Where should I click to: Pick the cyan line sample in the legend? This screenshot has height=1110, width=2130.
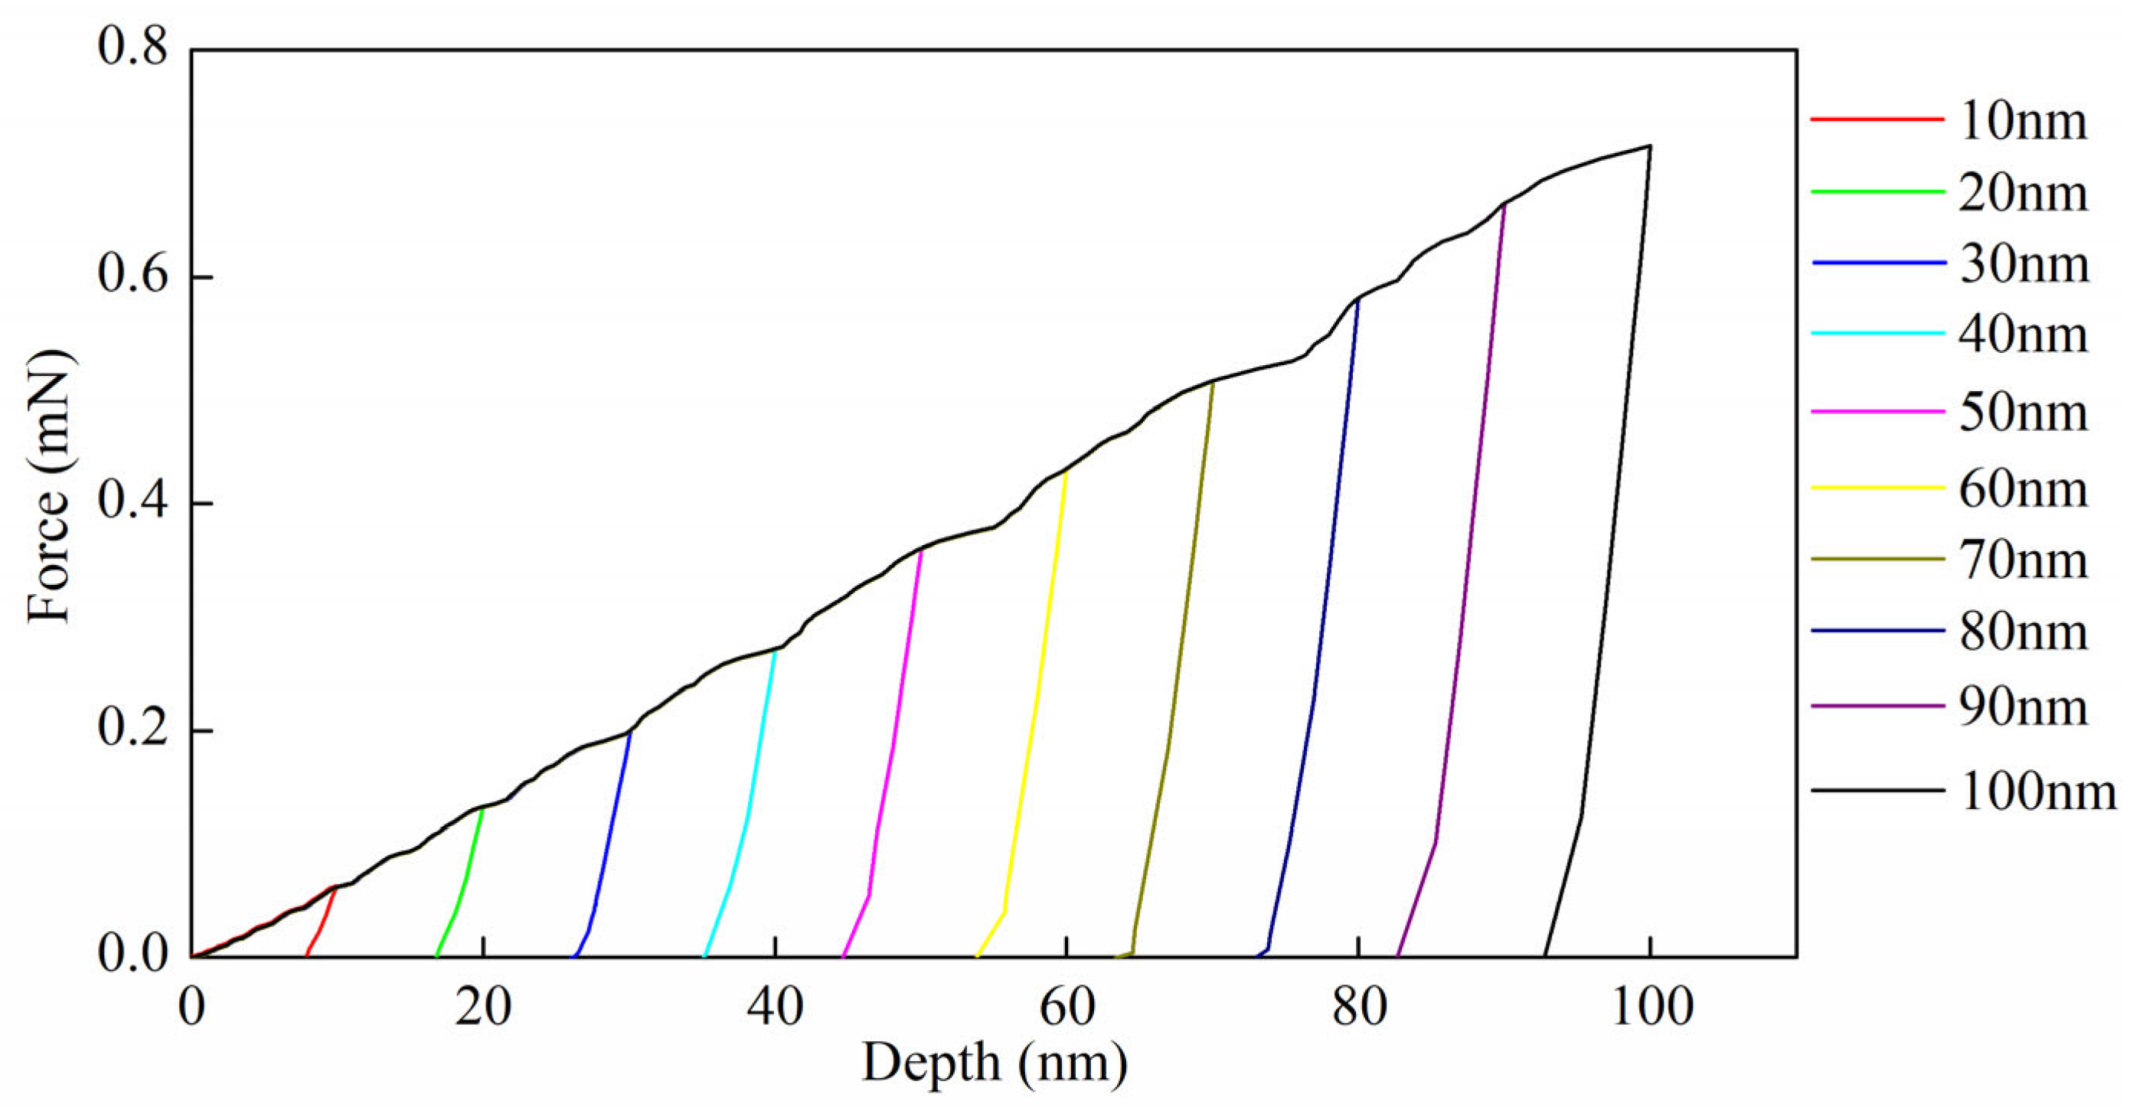pyautogui.click(x=1877, y=333)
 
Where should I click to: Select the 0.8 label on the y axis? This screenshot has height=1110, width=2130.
pyautogui.click(x=132, y=47)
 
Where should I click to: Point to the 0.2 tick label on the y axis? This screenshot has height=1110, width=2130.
pyautogui.click(x=132, y=730)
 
